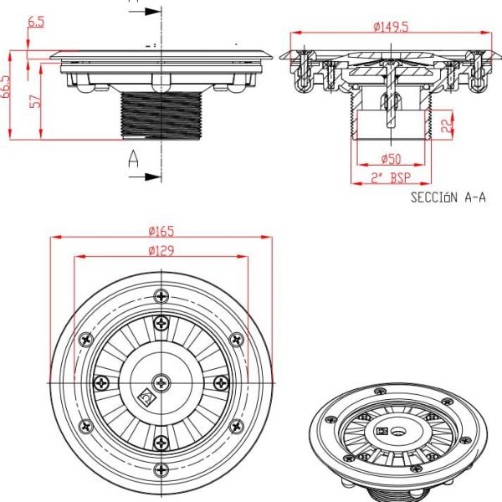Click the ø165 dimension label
[x=161, y=231]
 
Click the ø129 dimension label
[x=161, y=251]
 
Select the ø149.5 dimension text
[x=391, y=27]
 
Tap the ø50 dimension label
[x=391, y=158]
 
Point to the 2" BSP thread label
[x=391, y=177]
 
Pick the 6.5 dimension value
[x=36, y=22]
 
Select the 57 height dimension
[x=37, y=100]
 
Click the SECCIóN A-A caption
[x=448, y=197]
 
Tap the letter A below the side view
[x=133, y=159]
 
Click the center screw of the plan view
[x=161, y=382]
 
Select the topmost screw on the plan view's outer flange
[x=161, y=296]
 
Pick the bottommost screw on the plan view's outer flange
[x=161, y=470]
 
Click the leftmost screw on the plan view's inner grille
[x=102, y=382]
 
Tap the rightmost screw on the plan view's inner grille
[x=221, y=382]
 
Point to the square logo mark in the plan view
[x=146, y=397]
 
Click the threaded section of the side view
[x=161, y=115]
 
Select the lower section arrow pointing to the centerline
[x=145, y=177]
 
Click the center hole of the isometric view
[x=399, y=433]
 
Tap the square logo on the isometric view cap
[x=382, y=431]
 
